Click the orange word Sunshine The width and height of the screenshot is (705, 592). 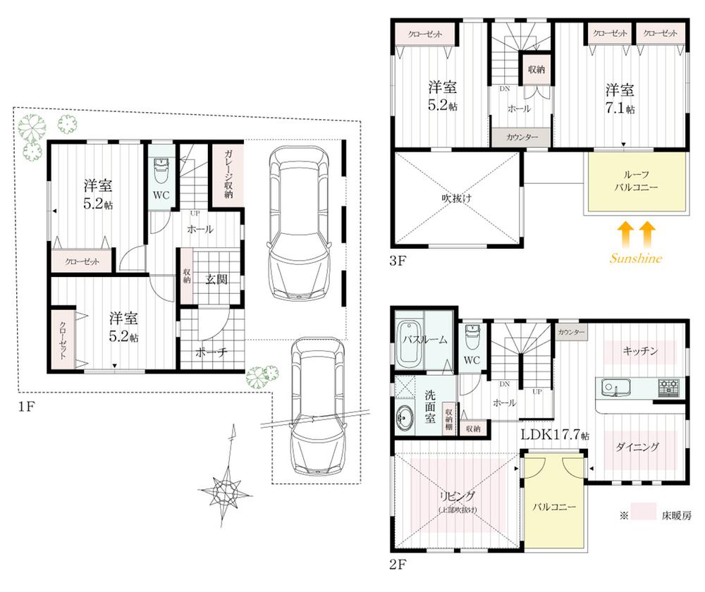pos(635,259)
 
